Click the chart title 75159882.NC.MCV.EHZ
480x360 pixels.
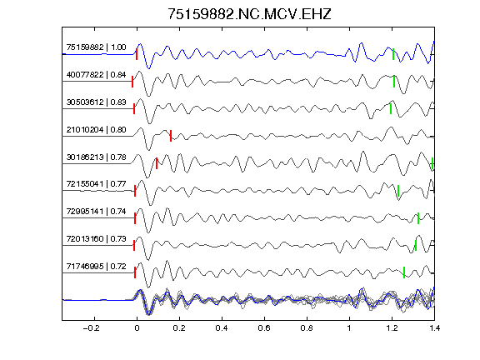(x=249, y=14)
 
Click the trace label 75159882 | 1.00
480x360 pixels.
(x=96, y=47)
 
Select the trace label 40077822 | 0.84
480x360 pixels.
(x=96, y=75)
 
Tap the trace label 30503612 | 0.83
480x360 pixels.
(x=96, y=102)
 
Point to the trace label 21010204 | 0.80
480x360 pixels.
(x=96, y=129)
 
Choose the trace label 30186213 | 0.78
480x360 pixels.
(x=96, y=157)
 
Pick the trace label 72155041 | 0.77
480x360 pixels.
(x=96, y=183)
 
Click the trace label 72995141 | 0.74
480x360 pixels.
(x=96, y=211)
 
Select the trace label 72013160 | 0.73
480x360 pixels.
(x=96, y=238)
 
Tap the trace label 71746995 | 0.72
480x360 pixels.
(x=96, y=266)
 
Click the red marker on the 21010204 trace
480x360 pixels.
(x=171, y=136)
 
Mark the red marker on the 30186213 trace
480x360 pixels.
(x=157, y=163)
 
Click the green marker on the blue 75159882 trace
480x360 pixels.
(x=393, y=54)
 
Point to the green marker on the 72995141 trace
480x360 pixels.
(x=418, y=218)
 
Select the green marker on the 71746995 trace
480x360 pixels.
(x=404, y=272)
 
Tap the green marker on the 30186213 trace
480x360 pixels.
(x=432, y=163)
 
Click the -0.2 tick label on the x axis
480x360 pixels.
(x=92, y=328)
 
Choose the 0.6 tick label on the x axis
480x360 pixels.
(x=264, y=328)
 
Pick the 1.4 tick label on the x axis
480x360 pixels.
(x=434, y=328)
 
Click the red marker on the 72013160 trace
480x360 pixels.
(x=134, y=246)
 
